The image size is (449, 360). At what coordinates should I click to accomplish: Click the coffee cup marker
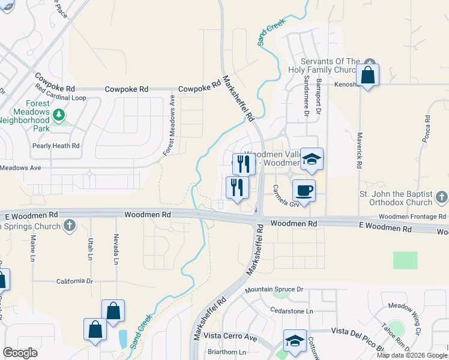click(304, 190)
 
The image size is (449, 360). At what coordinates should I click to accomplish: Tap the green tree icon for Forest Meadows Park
click(59, 114)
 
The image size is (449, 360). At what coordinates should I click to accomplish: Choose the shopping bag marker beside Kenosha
click(367, 76)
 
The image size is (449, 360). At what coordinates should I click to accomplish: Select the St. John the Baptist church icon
click(441, 197)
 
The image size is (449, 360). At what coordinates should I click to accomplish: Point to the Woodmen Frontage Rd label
click(413, 216)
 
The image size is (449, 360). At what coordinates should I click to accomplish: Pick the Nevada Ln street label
click(116, 249)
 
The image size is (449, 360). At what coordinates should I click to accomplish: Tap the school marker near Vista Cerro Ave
click(295, 341)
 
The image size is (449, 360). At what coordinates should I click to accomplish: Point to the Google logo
click(20, 353)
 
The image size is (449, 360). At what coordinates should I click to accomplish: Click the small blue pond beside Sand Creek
click(122, 339)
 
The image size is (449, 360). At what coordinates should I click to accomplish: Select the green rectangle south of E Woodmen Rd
click(405, 260)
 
